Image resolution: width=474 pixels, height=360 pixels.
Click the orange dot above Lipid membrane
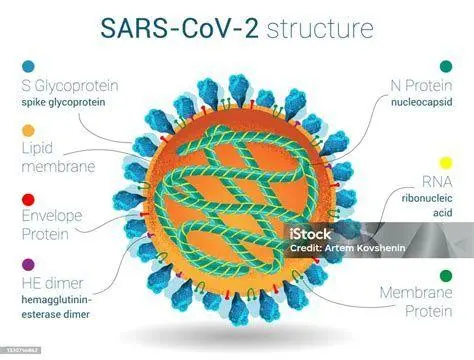27,131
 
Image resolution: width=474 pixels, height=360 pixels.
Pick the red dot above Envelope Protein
27,200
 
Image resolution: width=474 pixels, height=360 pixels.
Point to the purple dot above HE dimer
27,265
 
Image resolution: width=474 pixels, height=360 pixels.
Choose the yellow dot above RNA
445,161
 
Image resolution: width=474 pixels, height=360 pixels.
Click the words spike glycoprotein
70,102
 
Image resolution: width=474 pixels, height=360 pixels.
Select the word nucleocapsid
421,101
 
